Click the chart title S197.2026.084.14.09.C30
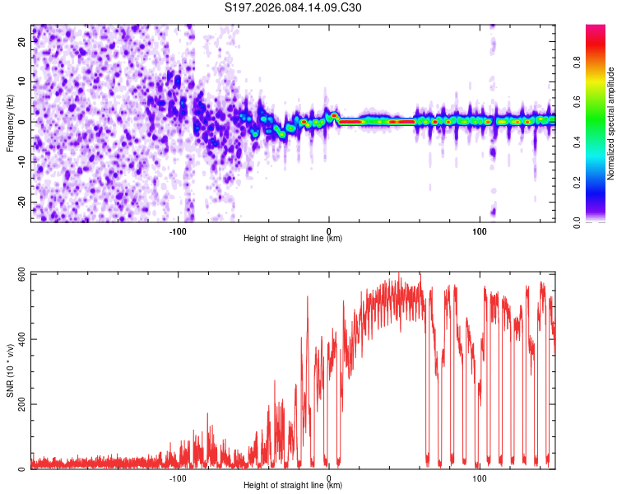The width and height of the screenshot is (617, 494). point(293,8)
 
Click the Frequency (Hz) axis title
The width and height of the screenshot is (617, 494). point(9,123)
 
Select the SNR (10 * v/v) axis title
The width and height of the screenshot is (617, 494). point(9,370)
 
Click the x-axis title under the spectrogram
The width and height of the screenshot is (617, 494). point(293,239)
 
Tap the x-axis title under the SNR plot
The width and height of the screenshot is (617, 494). point(293,486)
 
